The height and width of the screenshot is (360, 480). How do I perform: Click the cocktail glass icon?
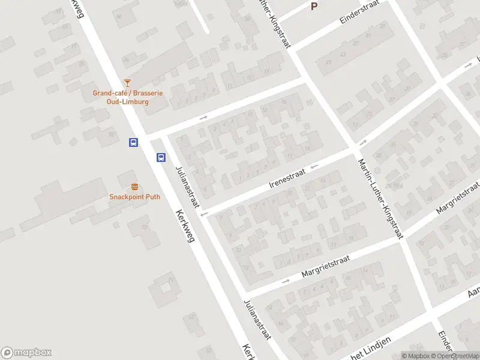pyautogui.click(x=127, y=82)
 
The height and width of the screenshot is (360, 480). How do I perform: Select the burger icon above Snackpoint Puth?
pyautogui.click(x=134, y=187)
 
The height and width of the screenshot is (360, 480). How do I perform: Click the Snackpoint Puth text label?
pyautogui.click(x=134, y=197)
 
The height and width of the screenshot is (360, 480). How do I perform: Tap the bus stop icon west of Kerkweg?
pyautogui.click(x=133, y=142)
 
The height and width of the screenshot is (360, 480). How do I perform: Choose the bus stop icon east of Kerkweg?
pyautogui.click(x=161, y=157)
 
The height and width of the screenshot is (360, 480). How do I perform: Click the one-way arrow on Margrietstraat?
pyautogui.click(x=286, y=281)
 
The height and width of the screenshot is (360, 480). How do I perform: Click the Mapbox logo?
pyautogui.click(x=26, y=353)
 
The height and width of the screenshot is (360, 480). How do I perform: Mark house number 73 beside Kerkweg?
pyautogui.click(x=143, y=227)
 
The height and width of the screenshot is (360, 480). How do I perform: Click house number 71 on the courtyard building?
pyautogui.click(x=171, y=280)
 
